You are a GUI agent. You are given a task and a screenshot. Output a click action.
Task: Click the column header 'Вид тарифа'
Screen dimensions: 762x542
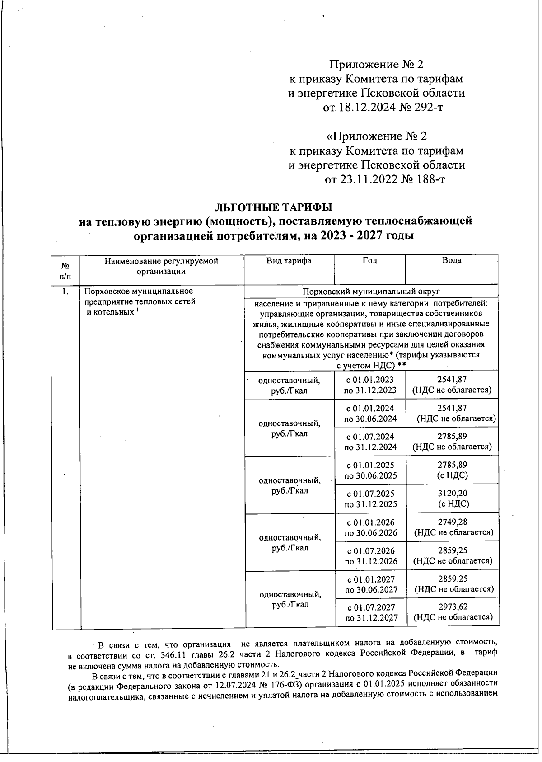(289, 261)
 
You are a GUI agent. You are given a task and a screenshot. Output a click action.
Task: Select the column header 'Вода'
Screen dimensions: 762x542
(452, 261)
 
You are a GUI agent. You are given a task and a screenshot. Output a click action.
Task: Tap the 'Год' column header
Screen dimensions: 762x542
(369, 261)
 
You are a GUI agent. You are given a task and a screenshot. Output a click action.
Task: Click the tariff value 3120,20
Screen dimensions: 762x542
(453, 494)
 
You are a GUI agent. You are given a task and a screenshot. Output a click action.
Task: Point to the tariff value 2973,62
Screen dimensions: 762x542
(453, 607)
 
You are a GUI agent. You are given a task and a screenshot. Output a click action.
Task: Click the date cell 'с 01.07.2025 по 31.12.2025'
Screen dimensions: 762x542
(370, 499)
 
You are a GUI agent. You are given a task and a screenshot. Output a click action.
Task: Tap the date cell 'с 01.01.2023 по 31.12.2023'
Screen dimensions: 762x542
(370, 385)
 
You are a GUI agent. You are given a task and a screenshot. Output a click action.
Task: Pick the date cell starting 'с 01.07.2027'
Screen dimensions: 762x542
(371, 612)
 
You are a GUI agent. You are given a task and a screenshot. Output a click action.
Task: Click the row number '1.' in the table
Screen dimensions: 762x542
(66, 292)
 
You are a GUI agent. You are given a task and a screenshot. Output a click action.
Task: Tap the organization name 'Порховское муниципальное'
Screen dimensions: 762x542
(139, 291)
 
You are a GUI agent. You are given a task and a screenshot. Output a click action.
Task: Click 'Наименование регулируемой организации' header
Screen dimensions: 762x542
(161, 266)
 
